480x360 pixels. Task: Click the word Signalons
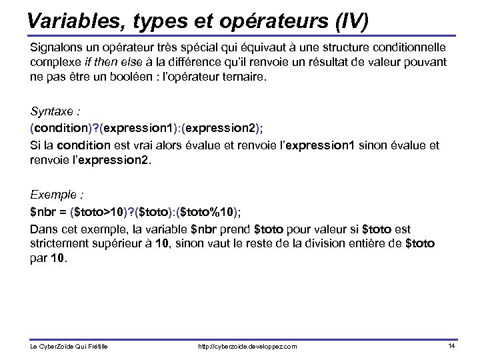coord(55,49)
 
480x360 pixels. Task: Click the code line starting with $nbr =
coord(137,213)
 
